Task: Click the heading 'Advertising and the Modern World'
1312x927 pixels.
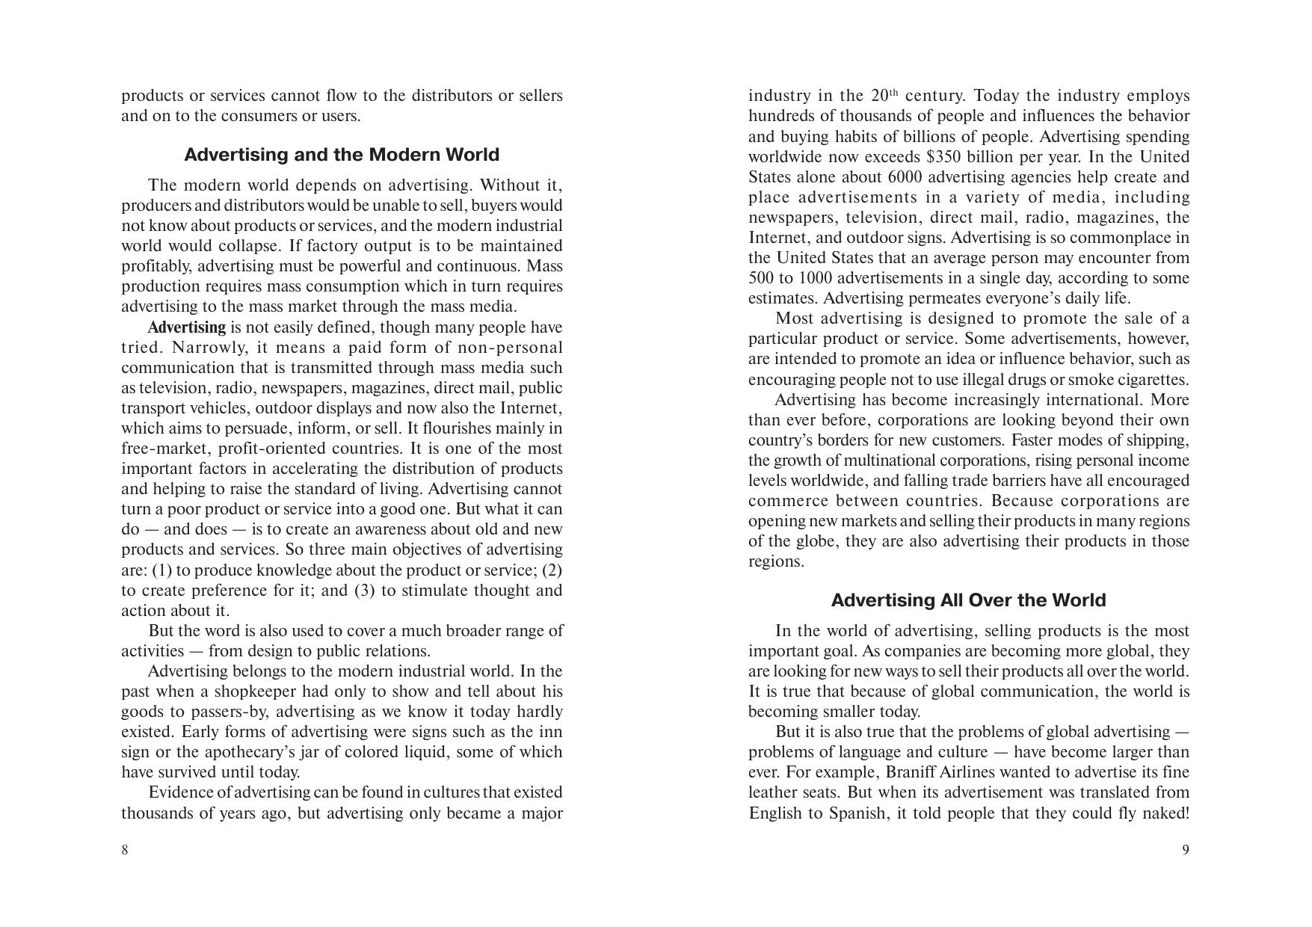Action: pyautogui.click(x=342, y=155)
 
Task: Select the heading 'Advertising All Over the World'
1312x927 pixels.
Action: pyautogui.click(x=968, y=600)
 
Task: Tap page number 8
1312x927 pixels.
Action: pyautogui.click(x=125, y=850)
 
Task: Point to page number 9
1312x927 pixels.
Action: pyautogui.click(x=1185, y=850)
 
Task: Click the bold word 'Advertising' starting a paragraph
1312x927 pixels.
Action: pyautogui.click(x=186, y=327)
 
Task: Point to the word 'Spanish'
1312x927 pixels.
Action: pyautogui.click(x=856, y=813)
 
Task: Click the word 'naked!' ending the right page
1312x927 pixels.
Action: pyautogui.click(x=1165, y=813)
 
